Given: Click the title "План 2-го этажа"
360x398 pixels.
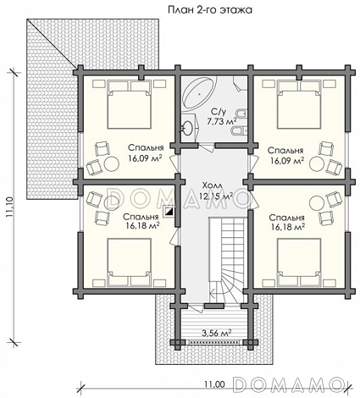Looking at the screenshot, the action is (x=210, y=10).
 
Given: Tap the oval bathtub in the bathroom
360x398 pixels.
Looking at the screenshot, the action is (x=200, y=93).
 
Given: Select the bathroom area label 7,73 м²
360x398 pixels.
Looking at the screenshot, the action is (x=222, y=122).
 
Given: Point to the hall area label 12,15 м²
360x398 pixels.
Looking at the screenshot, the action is (x=216, y=196).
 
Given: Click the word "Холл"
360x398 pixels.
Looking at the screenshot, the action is (x=212, y=185).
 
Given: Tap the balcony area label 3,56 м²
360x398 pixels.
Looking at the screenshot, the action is (x=217, y=334).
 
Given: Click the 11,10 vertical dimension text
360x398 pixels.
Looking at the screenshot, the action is (x=10, y=207).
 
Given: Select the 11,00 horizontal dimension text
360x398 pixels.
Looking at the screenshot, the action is (x=214, y=384).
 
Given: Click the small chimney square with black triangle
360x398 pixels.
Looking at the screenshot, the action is (x=169, y=212).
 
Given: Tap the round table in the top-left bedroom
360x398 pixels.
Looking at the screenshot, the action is (x=112, y=163).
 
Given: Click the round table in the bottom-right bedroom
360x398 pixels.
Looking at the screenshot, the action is (x=317, y=203).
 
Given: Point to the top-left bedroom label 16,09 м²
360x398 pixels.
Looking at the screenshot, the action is (x=145, y=158).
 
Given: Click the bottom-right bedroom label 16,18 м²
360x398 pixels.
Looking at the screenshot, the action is (x=288, y=226).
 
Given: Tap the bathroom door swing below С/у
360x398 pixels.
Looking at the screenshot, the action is (x=207, y=147).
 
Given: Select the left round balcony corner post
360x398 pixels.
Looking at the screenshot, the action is (x=178, y=342).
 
